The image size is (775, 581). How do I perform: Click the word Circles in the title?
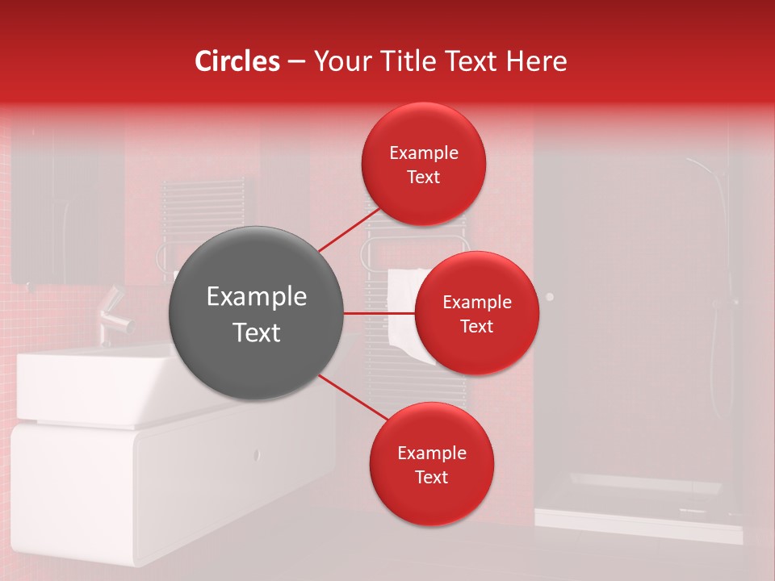point(237,61)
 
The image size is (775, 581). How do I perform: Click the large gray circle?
point(257,313)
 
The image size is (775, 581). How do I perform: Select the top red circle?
point(423,164)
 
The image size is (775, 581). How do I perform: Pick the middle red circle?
point(476,313)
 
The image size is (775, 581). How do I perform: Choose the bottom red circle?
point(431,464)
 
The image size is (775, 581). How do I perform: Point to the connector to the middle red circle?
point(379,313)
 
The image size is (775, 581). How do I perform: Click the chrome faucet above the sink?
point(115,315)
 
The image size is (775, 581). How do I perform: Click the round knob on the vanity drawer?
point(257,454)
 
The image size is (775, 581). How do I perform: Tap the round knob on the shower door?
point(550,297)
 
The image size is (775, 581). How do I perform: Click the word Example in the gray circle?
point(257,297)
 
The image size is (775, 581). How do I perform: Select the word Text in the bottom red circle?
point(431,477)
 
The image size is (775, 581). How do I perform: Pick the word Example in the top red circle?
point(423,153)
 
